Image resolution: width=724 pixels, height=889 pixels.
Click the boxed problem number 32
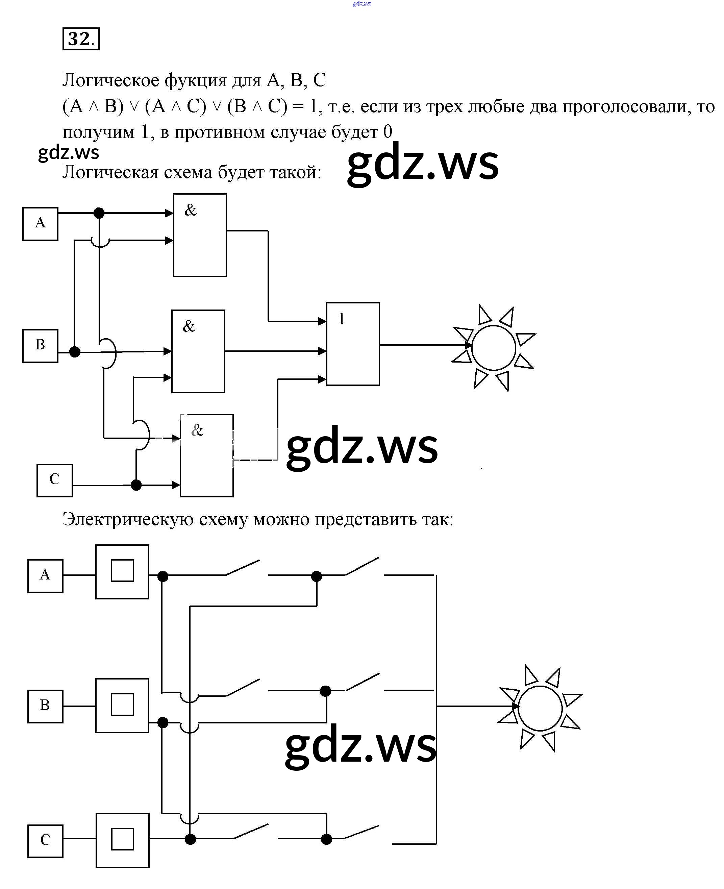[81, 39]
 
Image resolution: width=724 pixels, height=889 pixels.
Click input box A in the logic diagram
[40, 224]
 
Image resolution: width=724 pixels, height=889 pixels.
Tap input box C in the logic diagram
[54, 480]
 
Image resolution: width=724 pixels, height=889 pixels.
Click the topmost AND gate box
[200, 235]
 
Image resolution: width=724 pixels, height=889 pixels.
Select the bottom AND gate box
[206, 455]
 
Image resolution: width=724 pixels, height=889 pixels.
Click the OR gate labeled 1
[353, 344]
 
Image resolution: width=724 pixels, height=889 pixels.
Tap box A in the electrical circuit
[45, 576]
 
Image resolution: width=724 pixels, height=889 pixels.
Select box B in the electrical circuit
[45, 706]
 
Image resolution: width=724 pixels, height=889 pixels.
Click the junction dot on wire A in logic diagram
[99, 213]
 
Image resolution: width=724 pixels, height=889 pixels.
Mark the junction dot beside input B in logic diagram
[75, 352]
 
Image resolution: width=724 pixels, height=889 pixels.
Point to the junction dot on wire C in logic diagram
[136, 485]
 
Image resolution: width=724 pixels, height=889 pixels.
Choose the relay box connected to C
[122, 840]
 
